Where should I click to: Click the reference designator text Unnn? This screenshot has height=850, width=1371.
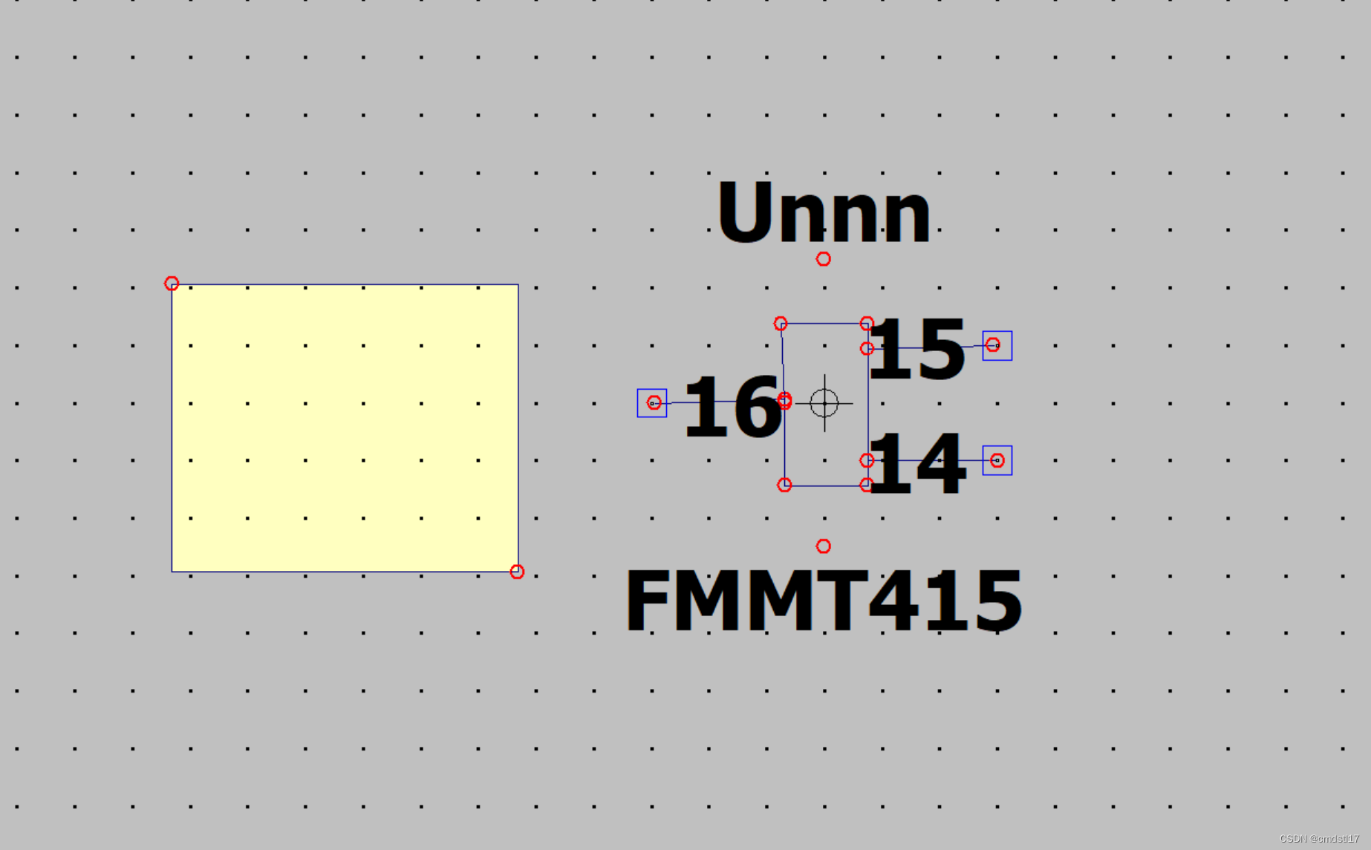(x=823, y=212)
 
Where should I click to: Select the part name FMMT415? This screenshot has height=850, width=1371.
(x=823, y=600)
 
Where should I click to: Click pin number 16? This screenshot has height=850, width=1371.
(x=732, y=406)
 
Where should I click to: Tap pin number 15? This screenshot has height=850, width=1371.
(x=916, y=348)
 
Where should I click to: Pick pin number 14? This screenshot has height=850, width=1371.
(x=916, y=465)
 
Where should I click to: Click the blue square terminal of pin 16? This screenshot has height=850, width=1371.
(x=652, y=403)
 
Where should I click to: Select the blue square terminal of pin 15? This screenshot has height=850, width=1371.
(x=997, y=346)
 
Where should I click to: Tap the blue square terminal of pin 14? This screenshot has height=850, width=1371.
(x=997, y=461)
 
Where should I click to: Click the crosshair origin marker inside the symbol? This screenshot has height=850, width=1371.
(x=824, y=403)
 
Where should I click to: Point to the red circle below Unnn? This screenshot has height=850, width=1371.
(x=823, y=259)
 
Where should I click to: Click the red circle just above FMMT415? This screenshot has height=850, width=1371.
(x=823, y=546)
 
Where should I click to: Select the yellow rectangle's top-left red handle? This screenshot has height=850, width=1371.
(x=172, y=284)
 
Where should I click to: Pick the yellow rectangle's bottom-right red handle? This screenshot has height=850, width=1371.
(x=517, y=572)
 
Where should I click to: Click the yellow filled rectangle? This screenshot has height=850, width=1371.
(x=345, y=428)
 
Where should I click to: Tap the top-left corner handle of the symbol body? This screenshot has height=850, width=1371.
(x=781, y=324)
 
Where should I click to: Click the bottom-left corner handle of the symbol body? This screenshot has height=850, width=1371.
(x=784, y=486)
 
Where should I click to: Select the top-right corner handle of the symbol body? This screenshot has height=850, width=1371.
(x=867, y=324)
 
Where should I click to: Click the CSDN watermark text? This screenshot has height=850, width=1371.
(x=1319, y=839)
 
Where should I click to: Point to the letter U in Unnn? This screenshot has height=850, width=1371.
(x=745, y=212)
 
